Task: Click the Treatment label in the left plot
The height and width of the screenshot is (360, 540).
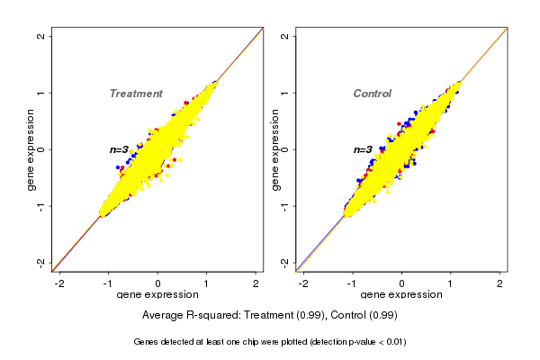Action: click(x=136, y=94)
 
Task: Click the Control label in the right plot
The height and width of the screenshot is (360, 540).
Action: click(x=373, y=94)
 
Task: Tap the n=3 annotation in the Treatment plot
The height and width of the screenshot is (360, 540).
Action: click(x=120, y=149)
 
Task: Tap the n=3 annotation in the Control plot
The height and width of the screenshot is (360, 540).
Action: click(x=363, y=149)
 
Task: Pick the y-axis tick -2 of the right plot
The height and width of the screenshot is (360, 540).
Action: click(x=285, y=262)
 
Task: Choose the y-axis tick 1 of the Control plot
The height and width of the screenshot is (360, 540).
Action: click(x=285, y=93)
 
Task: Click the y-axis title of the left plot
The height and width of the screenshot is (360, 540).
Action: click(x=31, y=149)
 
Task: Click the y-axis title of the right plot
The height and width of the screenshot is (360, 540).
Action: click(x=274, y=149)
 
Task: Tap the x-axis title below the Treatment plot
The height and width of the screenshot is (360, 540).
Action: click(x=157, y=295)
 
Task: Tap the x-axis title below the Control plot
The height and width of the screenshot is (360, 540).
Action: click(x=401, y=295)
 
